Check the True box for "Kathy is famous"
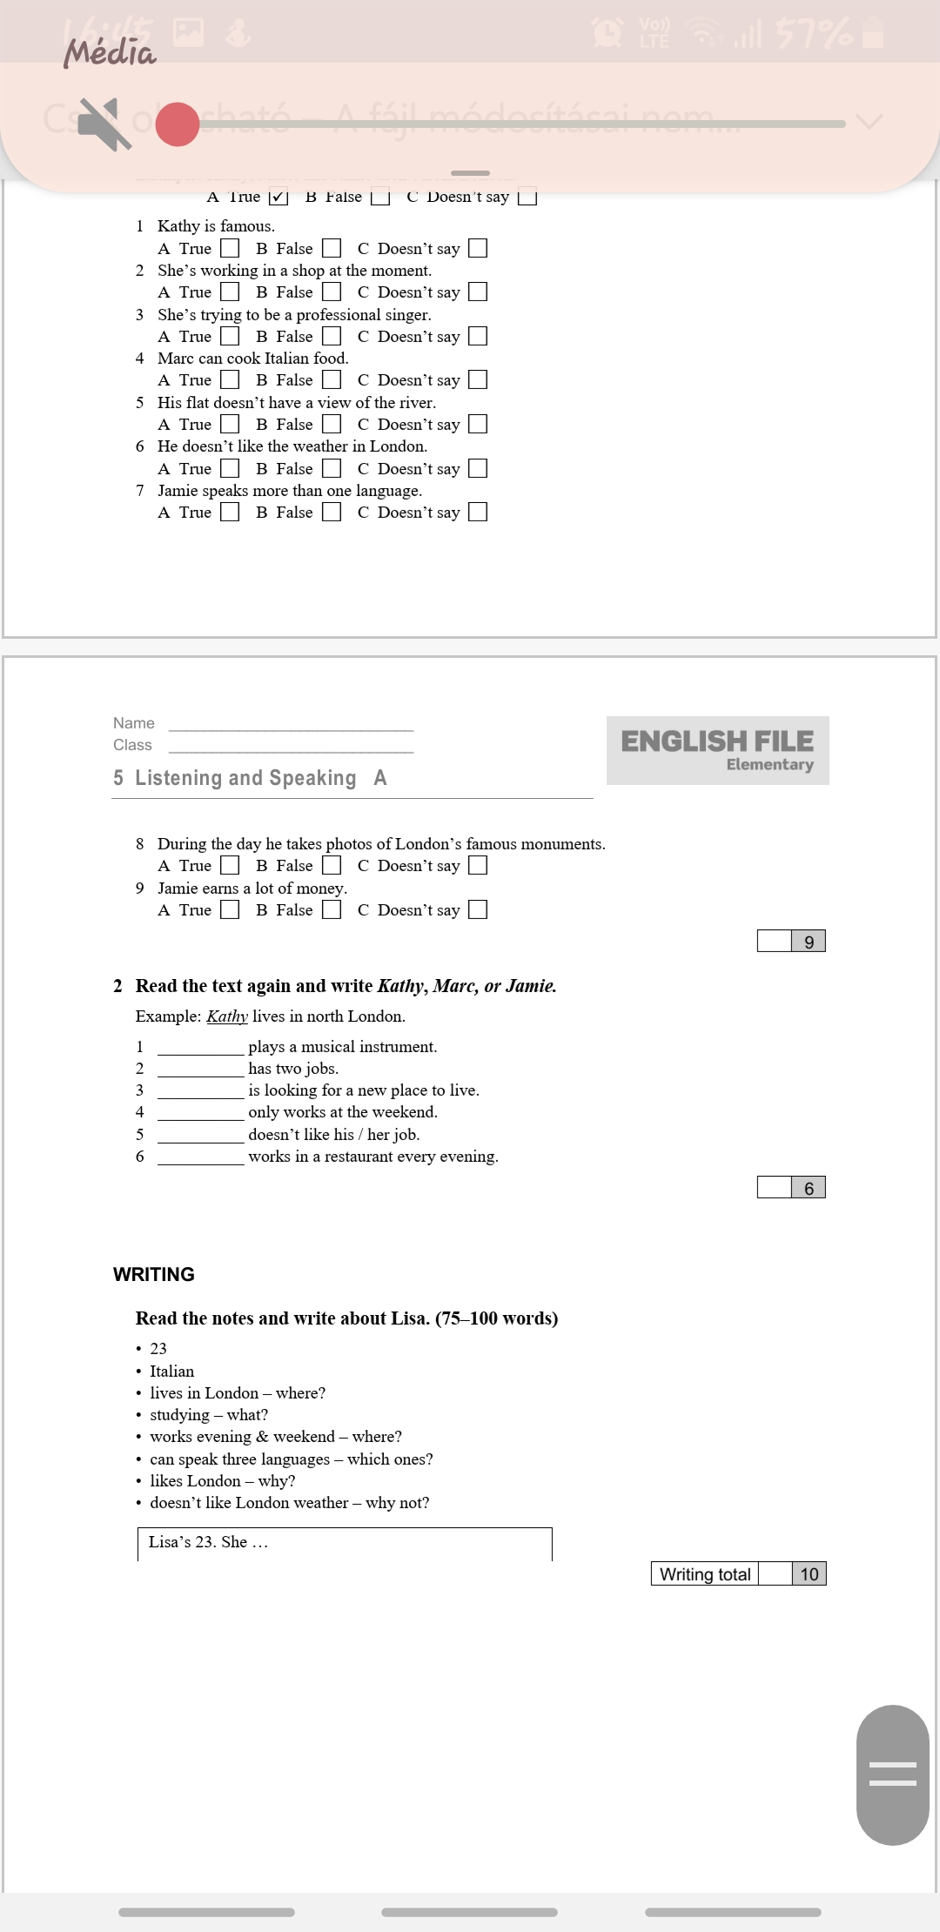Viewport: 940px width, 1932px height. coord(230,249)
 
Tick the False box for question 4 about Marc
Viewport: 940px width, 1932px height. coord(332,380)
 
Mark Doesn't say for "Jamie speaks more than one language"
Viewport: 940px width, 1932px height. coord(478,512)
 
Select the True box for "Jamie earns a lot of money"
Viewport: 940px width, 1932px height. coord(230,909)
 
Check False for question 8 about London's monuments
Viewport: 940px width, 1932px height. coord(332,865)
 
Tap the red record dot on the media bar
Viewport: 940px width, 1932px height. coord(178,124)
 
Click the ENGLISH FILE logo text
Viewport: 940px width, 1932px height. coord(717,741)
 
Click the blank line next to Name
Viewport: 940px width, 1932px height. coord(291,724)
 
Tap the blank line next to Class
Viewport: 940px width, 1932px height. coord(291,746)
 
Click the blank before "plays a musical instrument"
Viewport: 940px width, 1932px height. coord(201,1047)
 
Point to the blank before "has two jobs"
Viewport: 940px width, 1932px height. coord(201,1069)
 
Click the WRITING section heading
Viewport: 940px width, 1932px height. coord(154,1274)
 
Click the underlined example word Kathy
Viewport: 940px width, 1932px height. coord(227,1016)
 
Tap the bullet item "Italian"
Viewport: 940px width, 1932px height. coord(172,1371)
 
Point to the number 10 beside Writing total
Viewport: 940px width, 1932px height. coord(809,1573)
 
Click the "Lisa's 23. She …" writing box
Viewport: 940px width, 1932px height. coord(345,1543)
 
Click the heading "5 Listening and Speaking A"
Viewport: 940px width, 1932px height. coord(250,778)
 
